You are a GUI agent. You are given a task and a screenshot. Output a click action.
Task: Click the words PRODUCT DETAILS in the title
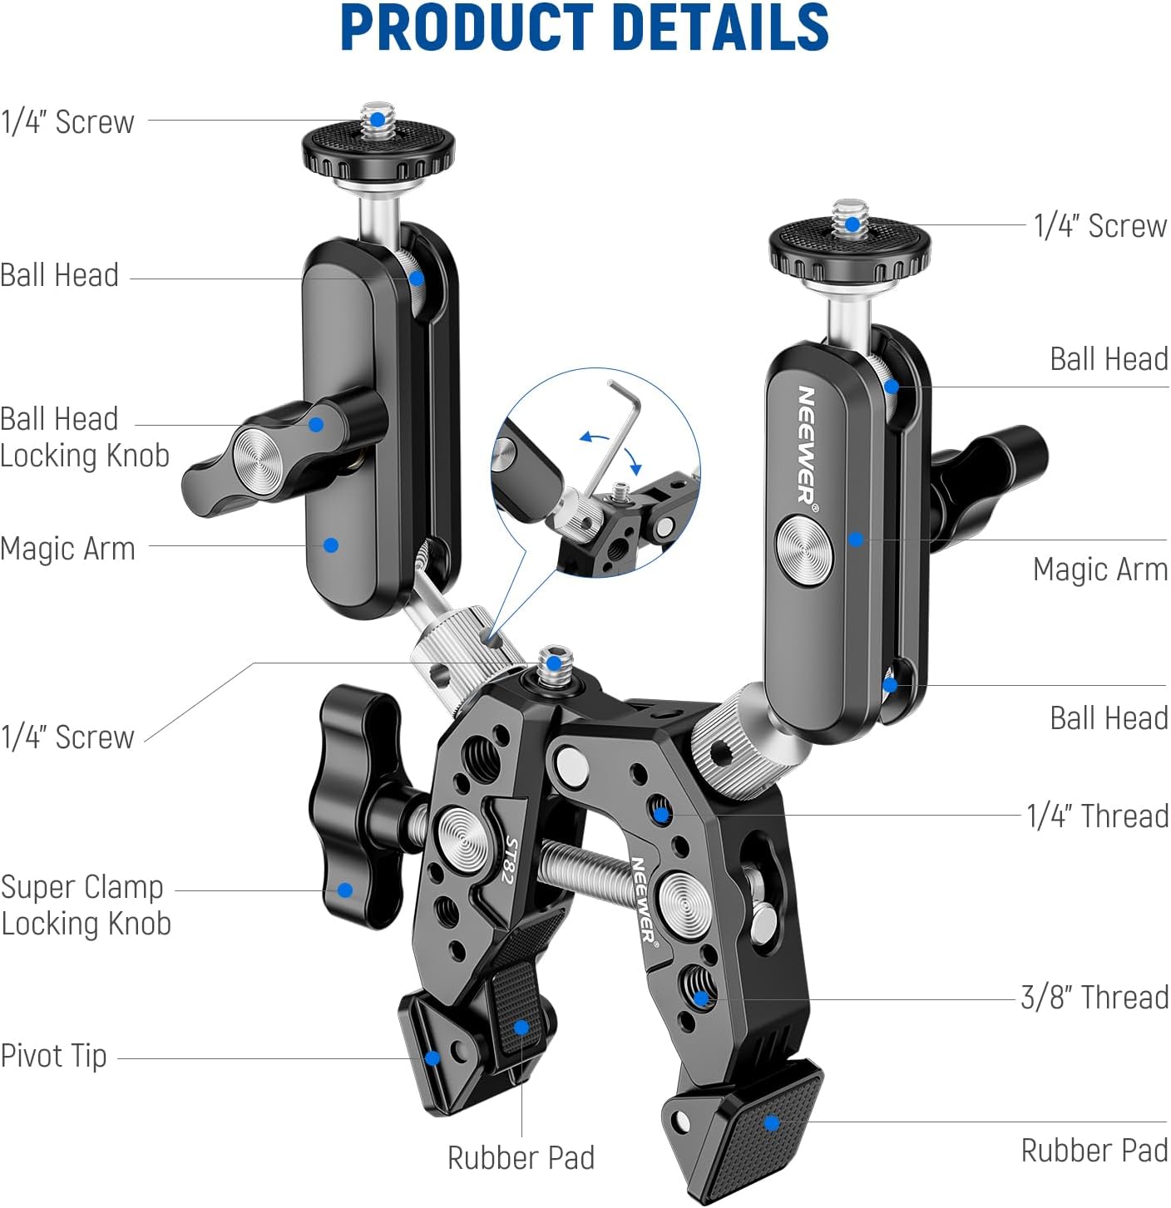(585, 28)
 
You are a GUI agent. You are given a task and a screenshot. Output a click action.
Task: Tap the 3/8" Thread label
(1094, 997)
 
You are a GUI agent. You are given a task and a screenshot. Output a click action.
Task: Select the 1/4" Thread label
(1097, 816)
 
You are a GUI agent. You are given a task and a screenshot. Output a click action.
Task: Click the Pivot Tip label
(54, 1056)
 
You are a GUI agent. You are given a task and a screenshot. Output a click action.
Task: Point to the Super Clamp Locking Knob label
(86, 905)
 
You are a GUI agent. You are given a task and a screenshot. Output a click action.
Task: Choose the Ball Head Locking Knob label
(84, 437)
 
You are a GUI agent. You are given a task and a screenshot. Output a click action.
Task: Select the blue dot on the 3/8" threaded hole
(701, 998)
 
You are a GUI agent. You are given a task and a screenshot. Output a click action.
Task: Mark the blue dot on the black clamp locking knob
(344, 890)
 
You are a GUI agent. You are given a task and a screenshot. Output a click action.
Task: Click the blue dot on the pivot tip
(432, 1058)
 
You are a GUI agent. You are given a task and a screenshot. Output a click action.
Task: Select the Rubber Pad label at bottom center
(521, 1157)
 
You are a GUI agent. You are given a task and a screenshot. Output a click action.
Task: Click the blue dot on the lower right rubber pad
(772, 1123)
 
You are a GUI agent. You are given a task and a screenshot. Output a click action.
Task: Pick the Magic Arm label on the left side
(67, 549)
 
